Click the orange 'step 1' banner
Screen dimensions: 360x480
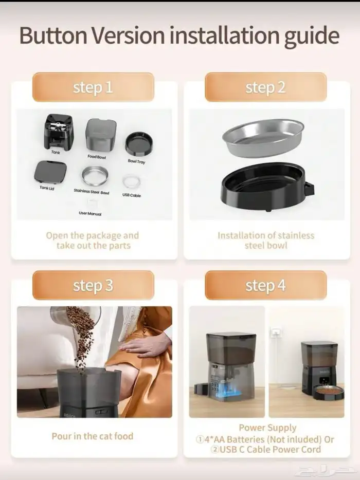(93, 87)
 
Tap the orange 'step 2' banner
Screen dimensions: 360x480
(266, 87)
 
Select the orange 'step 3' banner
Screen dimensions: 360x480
(93, 285)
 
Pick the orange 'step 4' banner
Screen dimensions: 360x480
(266, 285)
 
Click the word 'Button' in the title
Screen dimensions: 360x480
(53, 35)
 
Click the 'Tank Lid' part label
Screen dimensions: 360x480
(47, 188)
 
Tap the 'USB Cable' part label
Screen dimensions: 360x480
(132, 195)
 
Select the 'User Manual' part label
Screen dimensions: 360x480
(90, 213)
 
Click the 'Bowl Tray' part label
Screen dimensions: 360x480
(137, 161)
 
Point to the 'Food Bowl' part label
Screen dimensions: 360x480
(97, 157)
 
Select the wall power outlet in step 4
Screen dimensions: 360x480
(276, 331)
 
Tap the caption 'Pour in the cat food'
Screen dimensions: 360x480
(93, 436)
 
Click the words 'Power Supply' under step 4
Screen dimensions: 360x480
(267, 428)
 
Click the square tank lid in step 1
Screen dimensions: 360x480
(50, 173)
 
